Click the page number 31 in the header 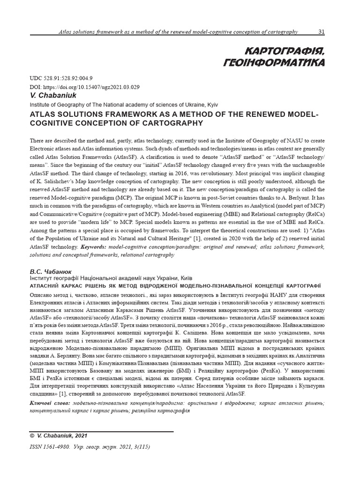pyautogui.click(x=322, y=32)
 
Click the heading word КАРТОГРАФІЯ pyautogui.click(x=284, y=50)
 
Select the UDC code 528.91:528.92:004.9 pyautogui.click(x=69, y=78)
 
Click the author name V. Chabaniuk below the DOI pyautogui.click(x=49, y=95)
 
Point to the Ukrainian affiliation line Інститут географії pyautogui.click(x=110, y=278)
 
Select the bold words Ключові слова pyautogui.click(x=50, y=403)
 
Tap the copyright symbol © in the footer pyautogui.click(x=32, y=436)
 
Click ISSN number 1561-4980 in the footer pyautogui.click(x=58, y=447)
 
